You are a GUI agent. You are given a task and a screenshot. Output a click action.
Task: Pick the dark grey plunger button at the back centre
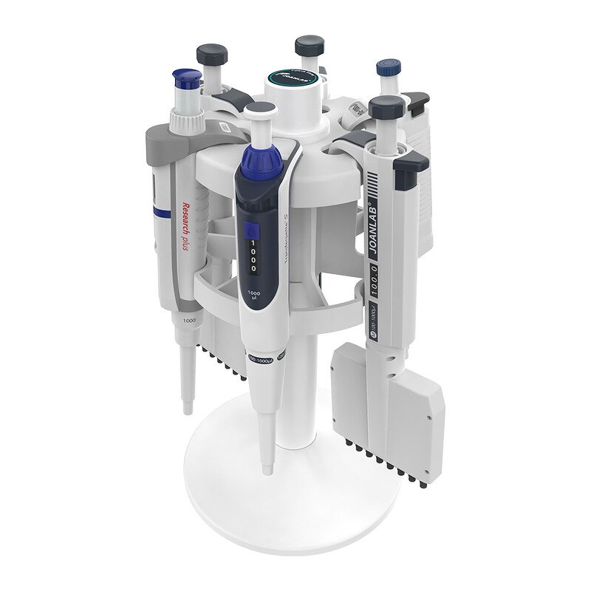(309, 45)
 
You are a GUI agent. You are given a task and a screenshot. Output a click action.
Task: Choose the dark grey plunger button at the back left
(211, 55)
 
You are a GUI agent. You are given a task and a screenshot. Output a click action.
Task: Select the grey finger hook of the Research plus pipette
(166, 140)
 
